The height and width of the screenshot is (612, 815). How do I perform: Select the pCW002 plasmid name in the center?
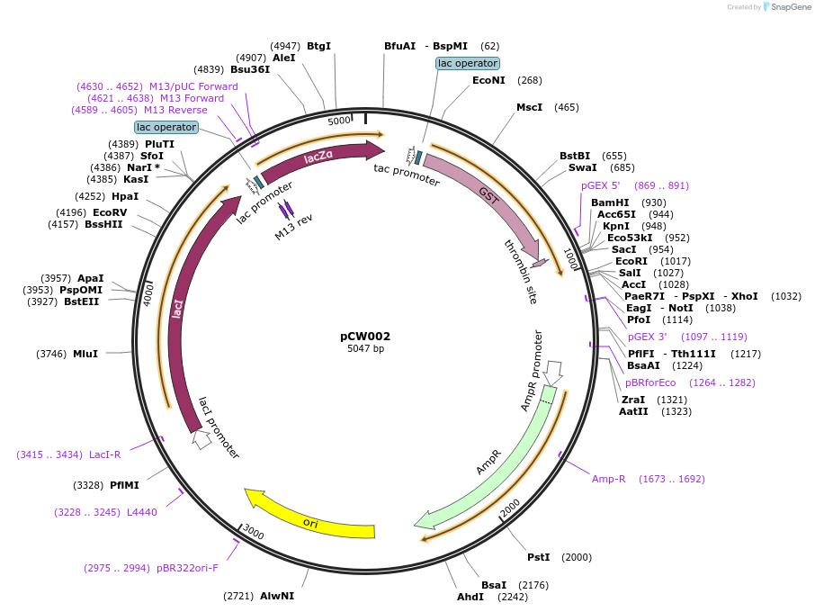point(365,336)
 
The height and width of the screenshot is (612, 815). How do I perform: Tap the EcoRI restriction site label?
point(631,261)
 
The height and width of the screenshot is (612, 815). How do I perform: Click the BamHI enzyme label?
point(610,202)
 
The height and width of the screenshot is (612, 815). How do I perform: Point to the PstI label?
point(539,557)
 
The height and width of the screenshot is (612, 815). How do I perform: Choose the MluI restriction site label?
point(85,354)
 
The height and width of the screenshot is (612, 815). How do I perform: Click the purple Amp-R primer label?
point(608,479)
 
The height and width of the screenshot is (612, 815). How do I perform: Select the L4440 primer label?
point(141,512)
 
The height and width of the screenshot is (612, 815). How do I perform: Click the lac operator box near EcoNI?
point(467,63)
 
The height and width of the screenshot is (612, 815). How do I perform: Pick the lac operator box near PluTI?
point(166,127)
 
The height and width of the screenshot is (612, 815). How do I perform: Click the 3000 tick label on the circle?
point(254,534)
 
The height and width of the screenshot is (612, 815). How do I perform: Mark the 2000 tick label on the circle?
point(510,509)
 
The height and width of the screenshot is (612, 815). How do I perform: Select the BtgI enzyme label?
point(318,45)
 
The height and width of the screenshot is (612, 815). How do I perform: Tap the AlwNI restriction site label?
point(277,596)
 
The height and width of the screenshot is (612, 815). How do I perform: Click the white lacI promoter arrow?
point(202,440)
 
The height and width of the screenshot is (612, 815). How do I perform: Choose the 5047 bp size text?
point(365,348)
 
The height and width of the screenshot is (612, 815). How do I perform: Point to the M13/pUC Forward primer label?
point(193,86)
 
